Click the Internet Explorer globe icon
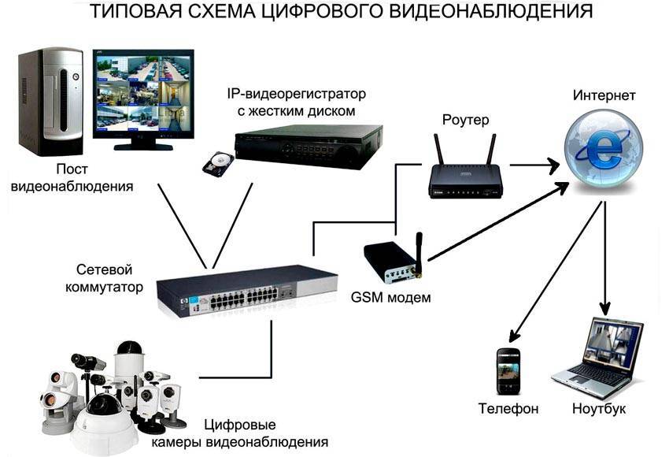tap(603, 149)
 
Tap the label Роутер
tap(465, 120)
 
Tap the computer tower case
tap(49, 103)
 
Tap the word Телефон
tap(508, 409)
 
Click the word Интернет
tap(604, 95)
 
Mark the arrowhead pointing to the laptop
tap(605, 308)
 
